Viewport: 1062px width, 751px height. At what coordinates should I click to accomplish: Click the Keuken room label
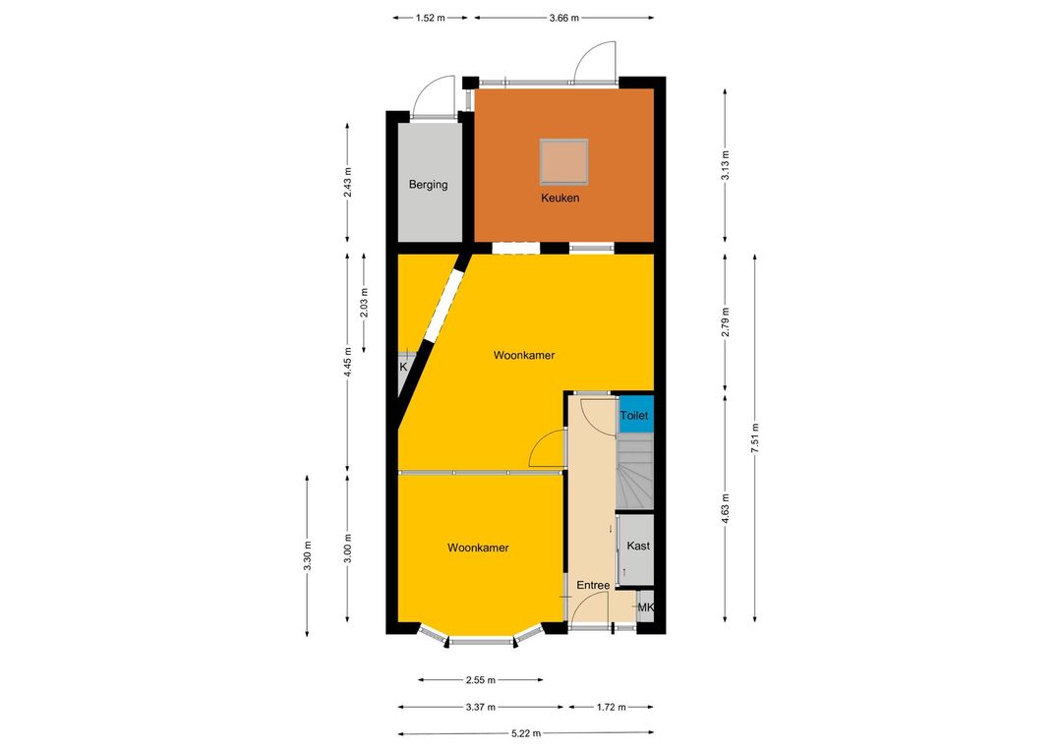coord(560,198)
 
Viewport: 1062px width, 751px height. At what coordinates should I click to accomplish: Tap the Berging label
coord(428,184)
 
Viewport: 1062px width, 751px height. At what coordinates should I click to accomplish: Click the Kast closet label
coord(638,546)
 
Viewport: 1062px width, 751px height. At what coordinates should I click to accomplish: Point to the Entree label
coord(593,585)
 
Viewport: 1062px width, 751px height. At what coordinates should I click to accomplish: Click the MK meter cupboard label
coord(645,608)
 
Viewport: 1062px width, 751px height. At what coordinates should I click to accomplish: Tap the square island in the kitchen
coord(563,162)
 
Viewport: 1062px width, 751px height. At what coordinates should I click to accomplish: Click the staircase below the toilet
coord(634,471)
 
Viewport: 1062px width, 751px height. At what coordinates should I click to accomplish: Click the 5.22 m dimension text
coord(526,733)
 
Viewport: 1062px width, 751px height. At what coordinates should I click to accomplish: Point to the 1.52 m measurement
coord(430,19)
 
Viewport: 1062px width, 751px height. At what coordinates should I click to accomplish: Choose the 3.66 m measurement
coord(564,19)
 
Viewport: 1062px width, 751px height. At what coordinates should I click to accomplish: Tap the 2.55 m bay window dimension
coord(480,680)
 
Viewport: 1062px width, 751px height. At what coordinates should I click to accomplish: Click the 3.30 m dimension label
coord(307,555)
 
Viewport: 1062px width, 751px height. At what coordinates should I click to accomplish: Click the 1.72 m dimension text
coord(611,707)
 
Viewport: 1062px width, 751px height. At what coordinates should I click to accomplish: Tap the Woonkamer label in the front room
coord(478,548)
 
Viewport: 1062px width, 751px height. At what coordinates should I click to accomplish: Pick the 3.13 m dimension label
coord(726,165)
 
